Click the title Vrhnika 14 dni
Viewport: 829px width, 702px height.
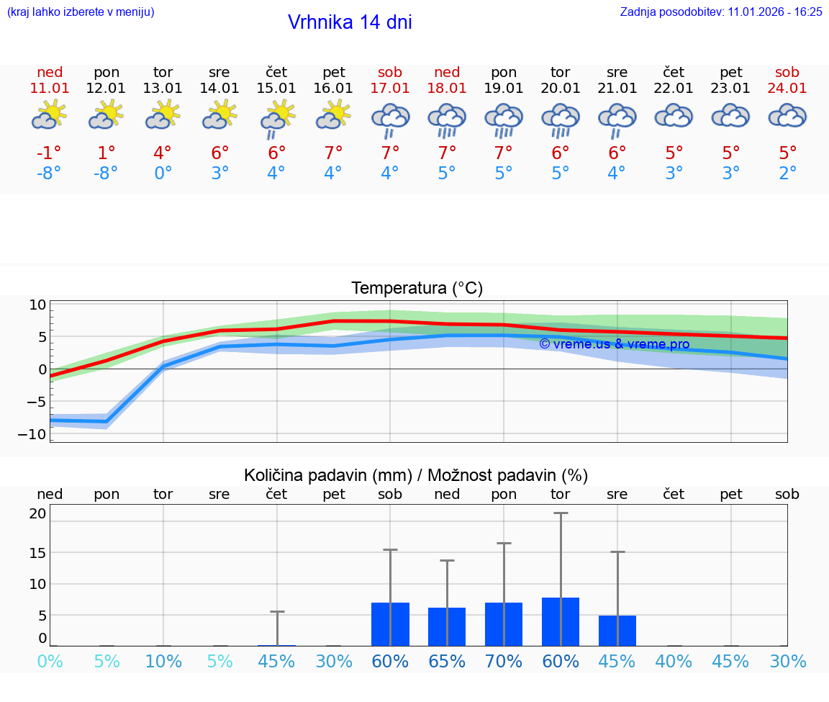click(x=350, y=22)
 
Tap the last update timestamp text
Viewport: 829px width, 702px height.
click(x=721, y=12)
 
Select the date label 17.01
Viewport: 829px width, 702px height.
click(x=390, y=88)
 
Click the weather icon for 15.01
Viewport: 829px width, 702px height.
click(x=277, y=119)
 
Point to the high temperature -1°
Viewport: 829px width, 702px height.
click(x=50, y=153)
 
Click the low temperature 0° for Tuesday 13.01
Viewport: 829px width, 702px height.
click(x=163, y=174)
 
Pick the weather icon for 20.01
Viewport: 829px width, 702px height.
click(x=561, y=120)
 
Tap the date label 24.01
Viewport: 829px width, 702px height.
click(x=787, y=88)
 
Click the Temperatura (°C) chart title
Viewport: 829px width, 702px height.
click(x=417, y=288)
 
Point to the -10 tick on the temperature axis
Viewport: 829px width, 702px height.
click(x=37, y=434)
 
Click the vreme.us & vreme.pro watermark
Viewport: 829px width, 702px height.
click(x=614, y=344)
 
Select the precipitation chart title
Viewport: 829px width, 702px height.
click(x=416, y=475)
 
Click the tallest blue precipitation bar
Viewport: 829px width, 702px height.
click(x=561, y=621)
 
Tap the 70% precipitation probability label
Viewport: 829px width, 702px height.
click(x=504, y=661)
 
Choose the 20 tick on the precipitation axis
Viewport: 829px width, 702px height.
click(x=38, y=513)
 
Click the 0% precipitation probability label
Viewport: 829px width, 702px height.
click(x=50, y=661)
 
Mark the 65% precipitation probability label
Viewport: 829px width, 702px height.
click(x=447, y=661)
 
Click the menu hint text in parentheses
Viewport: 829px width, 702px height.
click(x=81, y=12)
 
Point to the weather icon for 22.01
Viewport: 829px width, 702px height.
click(x=674, y=116)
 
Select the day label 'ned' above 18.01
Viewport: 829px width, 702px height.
click(x=447, y=72)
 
